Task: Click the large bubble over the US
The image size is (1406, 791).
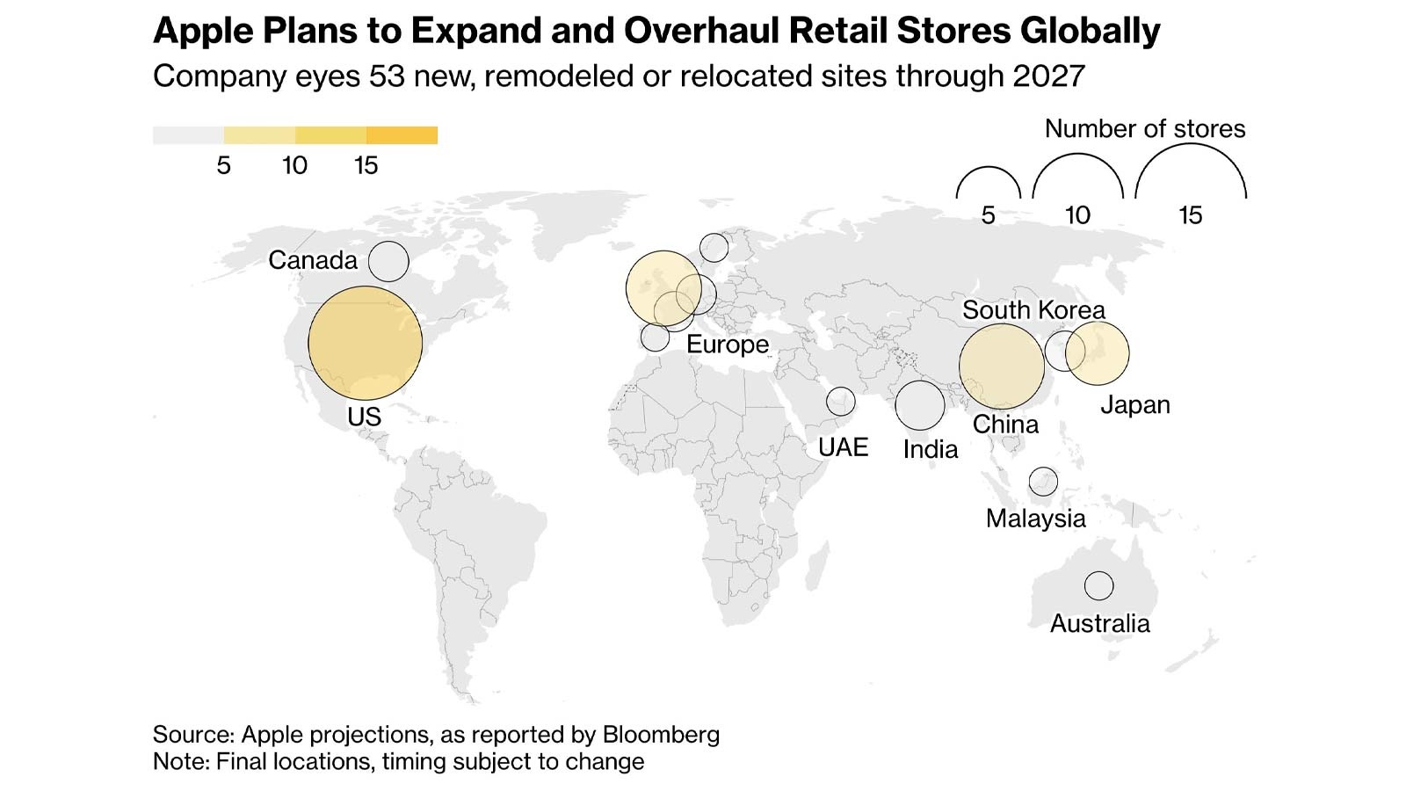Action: [x=365, y=343]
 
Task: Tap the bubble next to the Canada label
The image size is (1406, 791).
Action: [x=388, y=261]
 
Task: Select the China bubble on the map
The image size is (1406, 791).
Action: [x=1001, y=366]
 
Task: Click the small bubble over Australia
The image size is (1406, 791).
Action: [x=1098, y=585]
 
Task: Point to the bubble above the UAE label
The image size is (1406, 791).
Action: [x=841, y=401]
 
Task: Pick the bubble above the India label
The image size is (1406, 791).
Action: [x=920, y=405]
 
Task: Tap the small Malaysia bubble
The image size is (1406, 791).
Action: [x=1043, y=482]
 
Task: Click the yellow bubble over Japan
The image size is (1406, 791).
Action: [x=1098, y=353]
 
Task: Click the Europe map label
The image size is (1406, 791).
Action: [x=727, y=345]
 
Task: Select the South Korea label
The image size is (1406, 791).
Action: [x=1033, y=310]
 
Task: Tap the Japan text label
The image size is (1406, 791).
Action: [x=1134, y=405]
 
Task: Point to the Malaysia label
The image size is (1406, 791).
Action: [x=1035, y=519]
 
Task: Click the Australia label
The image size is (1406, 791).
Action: [x=1099, y=624]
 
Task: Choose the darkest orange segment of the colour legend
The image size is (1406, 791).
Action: [x=402, y=135]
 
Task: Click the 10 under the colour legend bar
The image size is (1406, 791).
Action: [x=294, y=165]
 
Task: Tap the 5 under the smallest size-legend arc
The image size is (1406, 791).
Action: [x=988, y=215]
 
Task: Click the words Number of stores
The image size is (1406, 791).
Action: [x=1144, y=129]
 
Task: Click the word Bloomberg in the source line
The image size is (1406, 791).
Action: [x=660, y=735]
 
